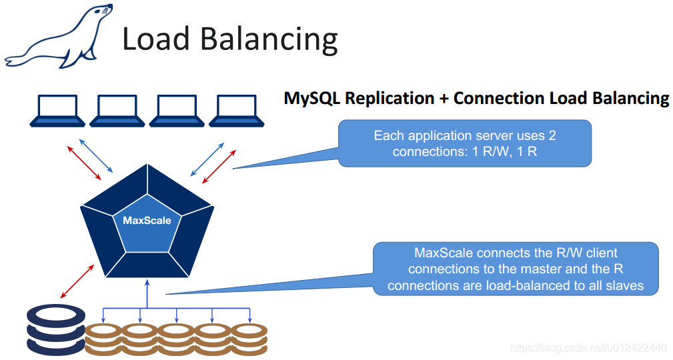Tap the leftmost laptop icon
pyautogui.click(x=57, y=111)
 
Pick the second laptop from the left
pyautogui.click(x=117, y=111)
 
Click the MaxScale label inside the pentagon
pyautogui.click(x=147, y=220)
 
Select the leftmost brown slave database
pyautogui.click(x=103, y=335)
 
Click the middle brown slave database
pyautogui.click(x=176, y=335)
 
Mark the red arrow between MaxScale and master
pyautogui.click(x=77, y=280)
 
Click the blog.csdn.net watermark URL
pyautogui.click(x=588, y=348)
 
